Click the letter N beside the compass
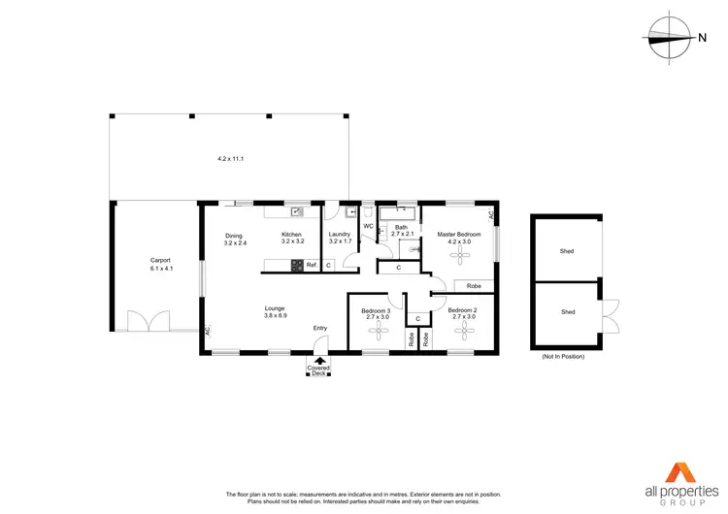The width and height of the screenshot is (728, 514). coord(702,38)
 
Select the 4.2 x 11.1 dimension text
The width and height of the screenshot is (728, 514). coord(229,158)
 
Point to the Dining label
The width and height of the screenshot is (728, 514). coord(234,236)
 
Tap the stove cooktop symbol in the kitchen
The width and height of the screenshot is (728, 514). coord(297,265)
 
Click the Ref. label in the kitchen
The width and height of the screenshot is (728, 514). coord(312,265)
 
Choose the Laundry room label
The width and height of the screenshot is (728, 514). coord(340,235)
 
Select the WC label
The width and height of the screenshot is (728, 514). coord(368,227)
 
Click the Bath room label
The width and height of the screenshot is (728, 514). coord(401,228)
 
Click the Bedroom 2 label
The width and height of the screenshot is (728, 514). coord(461,310)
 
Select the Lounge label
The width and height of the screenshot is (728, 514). coord(276,308)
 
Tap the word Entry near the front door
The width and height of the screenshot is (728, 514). coord(320,328)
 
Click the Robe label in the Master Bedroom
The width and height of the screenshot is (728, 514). coord(474,286)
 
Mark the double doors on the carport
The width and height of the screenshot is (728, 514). coord(149,320)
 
